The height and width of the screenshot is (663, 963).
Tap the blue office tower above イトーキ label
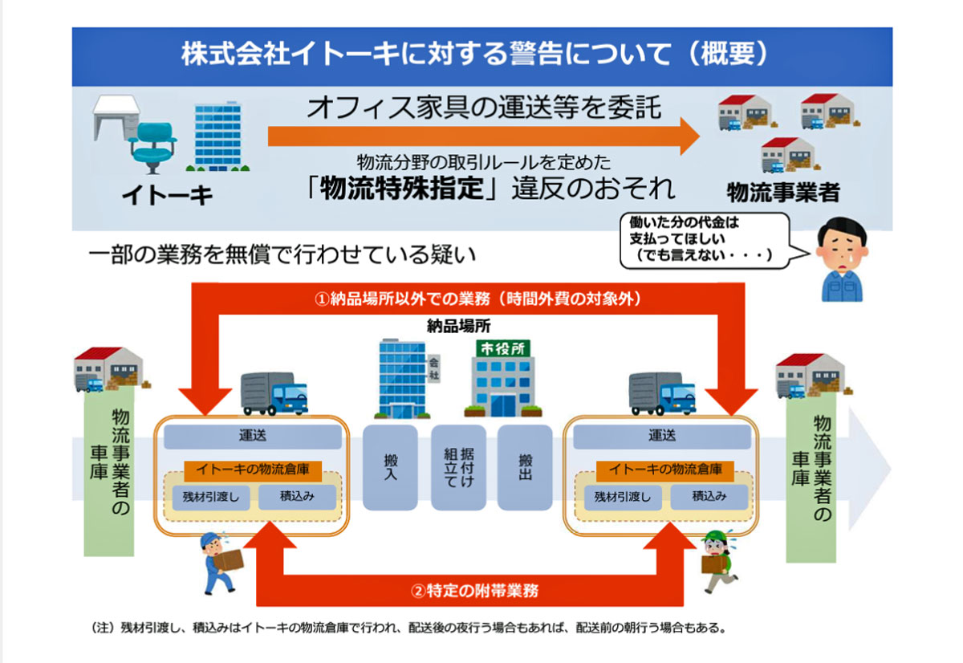[217, 136]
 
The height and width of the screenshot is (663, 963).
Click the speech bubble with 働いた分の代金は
[709, 240]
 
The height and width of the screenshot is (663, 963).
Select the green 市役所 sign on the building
[502, 348]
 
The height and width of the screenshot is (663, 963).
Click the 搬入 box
[390, 467]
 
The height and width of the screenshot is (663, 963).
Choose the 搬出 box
[525, 467]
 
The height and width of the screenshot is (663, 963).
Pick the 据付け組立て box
[458, 467]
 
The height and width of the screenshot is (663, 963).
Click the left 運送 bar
[253, 437]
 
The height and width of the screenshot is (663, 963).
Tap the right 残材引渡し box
[623, 497]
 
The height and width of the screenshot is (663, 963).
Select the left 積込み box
[297, 497]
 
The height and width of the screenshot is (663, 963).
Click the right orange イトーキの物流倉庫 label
[665, 470]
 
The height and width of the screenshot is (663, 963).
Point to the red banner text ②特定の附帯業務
[474, 591]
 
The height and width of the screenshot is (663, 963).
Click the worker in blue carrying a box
[220, 563]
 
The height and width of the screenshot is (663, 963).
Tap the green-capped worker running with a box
[718, 562]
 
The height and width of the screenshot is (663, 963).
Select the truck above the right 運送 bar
[662, 394]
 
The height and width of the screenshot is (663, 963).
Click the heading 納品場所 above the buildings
[459, 327]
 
